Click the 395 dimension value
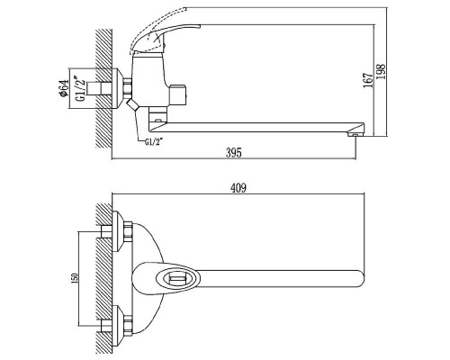point(233,153)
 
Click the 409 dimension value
point(238,188)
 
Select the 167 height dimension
point(368,80)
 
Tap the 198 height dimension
point(381,71)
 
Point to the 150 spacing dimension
point(75,278)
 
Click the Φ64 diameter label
point(64,88)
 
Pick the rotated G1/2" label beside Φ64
point(79,90)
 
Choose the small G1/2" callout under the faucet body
point(153,142)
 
